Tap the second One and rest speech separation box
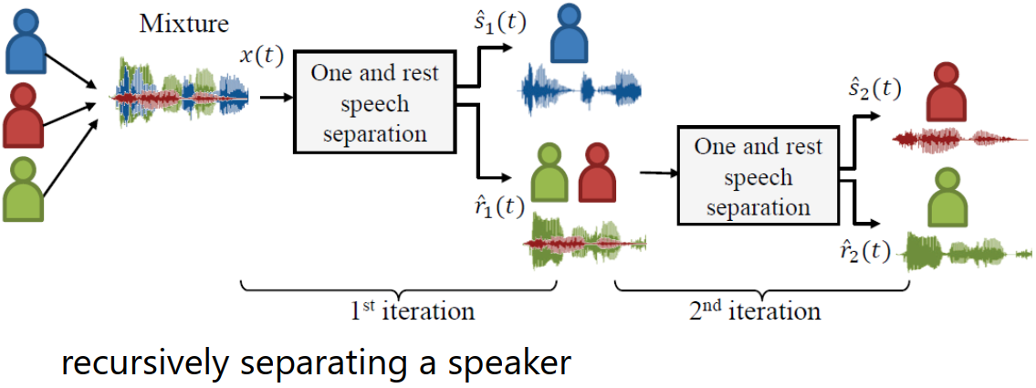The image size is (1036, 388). (758, 176)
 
